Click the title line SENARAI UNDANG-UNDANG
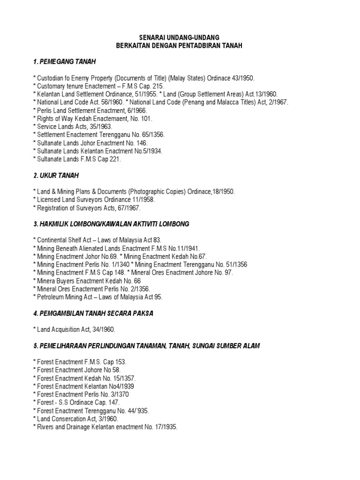(180, 37)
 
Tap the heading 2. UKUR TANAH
(56, 175)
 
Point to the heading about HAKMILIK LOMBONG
(111, 224)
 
